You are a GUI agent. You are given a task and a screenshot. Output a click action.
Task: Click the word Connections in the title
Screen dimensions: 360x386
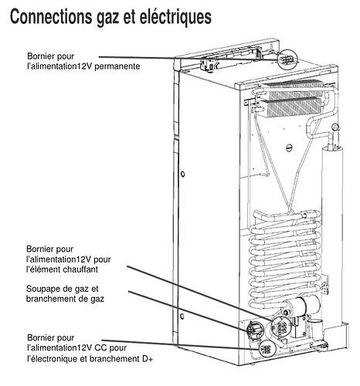(51, 17)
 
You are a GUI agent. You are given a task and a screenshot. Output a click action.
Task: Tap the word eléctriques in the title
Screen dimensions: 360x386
(175, 17)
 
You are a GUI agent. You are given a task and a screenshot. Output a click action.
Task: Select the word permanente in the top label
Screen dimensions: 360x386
(117, 66)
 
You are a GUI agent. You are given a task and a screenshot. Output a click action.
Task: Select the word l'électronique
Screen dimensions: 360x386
(53, 359)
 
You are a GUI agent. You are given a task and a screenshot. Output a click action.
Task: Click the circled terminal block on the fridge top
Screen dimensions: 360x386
(287, 60)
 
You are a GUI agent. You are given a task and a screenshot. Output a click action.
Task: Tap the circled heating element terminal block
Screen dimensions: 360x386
(281, 327)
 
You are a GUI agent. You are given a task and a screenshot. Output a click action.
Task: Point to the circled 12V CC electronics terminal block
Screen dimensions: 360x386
(267, 348)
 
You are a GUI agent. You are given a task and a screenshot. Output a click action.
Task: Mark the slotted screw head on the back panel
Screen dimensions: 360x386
(289, 147)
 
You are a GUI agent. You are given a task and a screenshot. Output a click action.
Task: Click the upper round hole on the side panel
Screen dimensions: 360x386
(182, 174)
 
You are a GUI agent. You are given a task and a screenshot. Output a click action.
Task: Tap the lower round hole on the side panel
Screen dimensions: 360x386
(182, 316)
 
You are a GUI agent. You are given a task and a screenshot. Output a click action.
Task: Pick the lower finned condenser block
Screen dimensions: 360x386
(290, 107)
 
